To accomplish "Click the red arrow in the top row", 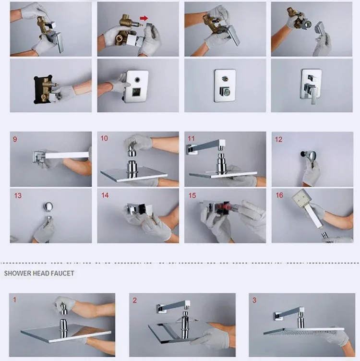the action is click(144, 18).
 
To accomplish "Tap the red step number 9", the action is click(15, 139).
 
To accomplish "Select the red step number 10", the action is click(104, 138).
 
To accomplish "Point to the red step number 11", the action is click(191, 139).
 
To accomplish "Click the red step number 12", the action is click(278, 140).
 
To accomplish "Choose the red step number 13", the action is click(18, 196).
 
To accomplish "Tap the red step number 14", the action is click(105, 195).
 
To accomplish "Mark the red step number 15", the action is click(192, 196).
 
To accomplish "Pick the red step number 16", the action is click(279, 195).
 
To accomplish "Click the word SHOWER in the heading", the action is click(17, 273).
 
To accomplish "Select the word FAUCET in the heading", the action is click(62, 273).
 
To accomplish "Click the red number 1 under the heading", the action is click(15, 300).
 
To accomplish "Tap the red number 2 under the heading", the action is click(135, 300).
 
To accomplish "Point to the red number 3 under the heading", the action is click(254, 300).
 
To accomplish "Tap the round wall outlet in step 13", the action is click(48, 206).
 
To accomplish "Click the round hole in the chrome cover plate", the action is click(137, 80).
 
